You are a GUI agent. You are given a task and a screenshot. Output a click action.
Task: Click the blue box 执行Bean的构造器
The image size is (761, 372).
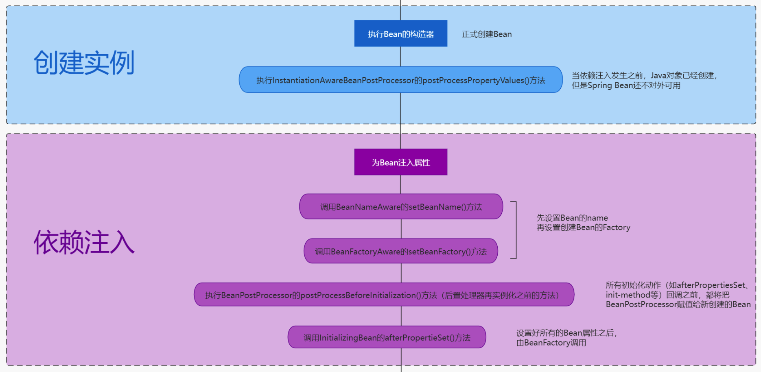(400, 33)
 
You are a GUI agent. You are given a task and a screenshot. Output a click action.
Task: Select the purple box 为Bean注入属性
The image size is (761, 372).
(400, 162)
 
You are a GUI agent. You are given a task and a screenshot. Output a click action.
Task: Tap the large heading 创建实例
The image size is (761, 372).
(84, 63)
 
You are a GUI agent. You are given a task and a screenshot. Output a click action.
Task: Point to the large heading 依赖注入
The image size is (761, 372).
(84, 243)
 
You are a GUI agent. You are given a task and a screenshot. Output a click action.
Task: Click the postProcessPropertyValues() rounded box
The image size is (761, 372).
(400, 80)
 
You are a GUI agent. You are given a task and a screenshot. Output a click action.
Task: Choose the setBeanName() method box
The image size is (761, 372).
(401, 207)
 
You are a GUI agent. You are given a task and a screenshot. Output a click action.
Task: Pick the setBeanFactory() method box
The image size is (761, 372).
(400, 251)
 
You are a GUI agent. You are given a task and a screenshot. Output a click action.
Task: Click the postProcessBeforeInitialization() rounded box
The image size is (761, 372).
(384, 295)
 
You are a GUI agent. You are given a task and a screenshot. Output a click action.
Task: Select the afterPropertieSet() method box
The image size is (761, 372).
(387, 337)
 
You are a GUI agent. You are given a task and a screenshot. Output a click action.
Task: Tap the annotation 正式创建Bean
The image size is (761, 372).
(487, 34)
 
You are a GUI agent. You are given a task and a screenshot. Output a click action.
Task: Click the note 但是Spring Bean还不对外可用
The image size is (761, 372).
(626, 85)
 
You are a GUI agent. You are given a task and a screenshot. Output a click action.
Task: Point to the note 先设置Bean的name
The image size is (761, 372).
(572, 218)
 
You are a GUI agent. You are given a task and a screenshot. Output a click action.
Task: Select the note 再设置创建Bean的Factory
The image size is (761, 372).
(583, 228)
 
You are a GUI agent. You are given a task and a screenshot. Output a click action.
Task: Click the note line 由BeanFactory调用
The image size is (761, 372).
(551, 343)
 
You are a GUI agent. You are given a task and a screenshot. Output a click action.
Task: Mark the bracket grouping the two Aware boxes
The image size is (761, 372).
(516, 230)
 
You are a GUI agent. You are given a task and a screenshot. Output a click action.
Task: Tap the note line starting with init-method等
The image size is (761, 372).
(667, 295)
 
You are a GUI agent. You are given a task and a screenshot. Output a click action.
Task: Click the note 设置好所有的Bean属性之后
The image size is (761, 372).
(566, 333)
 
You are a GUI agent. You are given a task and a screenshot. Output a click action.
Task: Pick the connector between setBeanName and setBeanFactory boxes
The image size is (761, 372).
(401, 229)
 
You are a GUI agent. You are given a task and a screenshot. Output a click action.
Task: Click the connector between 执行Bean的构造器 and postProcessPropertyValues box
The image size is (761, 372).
(400, 57)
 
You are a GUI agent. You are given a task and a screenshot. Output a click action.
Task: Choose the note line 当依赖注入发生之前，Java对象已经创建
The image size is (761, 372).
(644, 76)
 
